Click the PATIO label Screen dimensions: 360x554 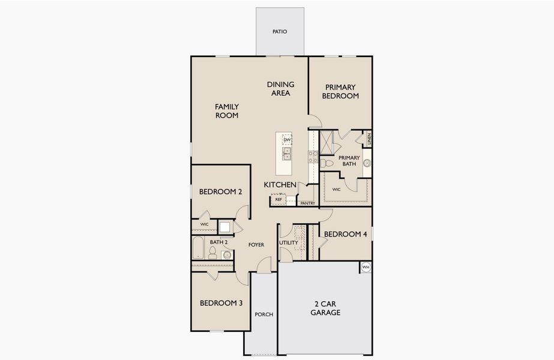[x=280, y=31]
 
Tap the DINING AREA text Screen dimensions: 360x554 [x=280, y=89]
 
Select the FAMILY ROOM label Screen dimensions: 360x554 [x=227, y=111]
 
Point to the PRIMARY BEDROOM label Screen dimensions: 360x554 [x=340, y=91]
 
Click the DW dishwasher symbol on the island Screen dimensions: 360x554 [x=287, y=140]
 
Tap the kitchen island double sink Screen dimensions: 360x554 [x=287, y=154]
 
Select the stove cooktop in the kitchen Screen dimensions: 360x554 [x=313, y=157]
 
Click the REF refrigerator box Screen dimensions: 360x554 [x=279, y=199]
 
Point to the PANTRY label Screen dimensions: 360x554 [x=307, y=203]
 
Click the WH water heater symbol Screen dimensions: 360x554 [x=366, y=267]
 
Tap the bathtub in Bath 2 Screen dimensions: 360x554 [x=197, y=248]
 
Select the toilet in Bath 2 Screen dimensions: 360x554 [x=212, y=253]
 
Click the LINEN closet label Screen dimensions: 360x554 [x=369, y=139]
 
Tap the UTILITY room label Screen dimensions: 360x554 [x=288, y=242]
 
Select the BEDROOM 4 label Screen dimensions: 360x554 [x=345, y=234]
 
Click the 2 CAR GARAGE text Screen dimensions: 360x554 [x=325, y=308]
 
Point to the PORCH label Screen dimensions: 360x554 [x=264, y=314]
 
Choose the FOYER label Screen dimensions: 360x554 [x=256, y=245]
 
